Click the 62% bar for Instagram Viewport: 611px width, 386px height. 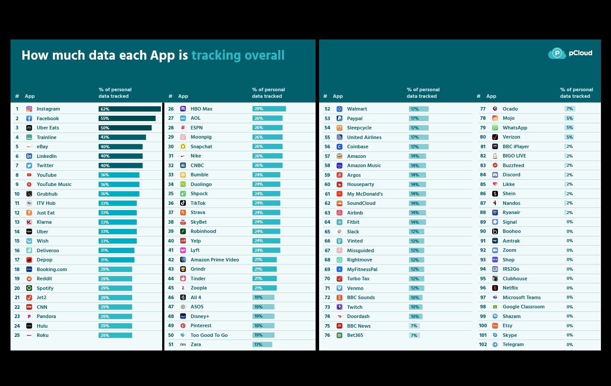[129, 109]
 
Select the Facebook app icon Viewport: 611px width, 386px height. [29, 118]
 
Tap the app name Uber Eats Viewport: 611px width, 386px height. [48, 128]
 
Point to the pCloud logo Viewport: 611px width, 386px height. [570, 53]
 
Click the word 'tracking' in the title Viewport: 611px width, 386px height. [216, 55]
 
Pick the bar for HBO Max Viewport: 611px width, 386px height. [269, 109]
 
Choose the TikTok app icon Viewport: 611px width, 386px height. [183, 203]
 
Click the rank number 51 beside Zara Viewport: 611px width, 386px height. [171, 344]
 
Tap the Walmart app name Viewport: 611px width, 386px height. [357, 109]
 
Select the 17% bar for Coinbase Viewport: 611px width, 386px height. [418, 147]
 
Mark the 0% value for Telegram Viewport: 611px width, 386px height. [569, 344]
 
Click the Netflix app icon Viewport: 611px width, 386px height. [495, 288]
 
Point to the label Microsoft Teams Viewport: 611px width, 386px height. [522, 297]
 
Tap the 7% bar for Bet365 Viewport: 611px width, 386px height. [414, 335]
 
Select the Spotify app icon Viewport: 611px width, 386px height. [29, 288]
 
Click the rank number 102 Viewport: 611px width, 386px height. [483, 344]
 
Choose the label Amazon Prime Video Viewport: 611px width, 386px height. [215, 260]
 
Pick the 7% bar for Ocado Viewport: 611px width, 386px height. [569, 109]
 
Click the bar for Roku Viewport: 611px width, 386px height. [115, 335]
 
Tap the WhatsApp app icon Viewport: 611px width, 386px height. [495, 128]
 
